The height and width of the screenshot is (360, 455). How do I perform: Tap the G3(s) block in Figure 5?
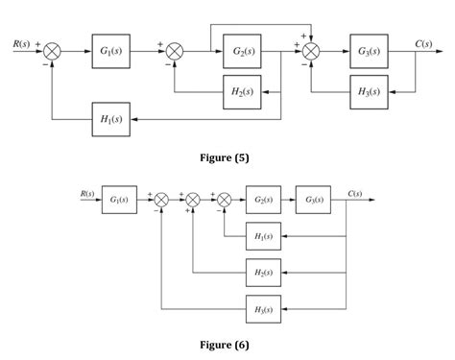coord(369,50)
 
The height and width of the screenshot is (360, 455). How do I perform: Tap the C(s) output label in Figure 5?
coord(423,43)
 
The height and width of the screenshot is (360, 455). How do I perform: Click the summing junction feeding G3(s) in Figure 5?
coord(310,50)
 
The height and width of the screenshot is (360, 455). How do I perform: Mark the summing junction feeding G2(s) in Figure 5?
coord(175,50)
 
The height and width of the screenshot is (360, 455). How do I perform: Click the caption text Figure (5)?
coord(227,157)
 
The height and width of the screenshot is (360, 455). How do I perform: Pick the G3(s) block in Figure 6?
coord(315,200)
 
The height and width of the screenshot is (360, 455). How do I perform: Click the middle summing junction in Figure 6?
coord(193,200)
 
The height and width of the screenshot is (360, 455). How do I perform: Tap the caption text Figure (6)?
coord(227,342)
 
